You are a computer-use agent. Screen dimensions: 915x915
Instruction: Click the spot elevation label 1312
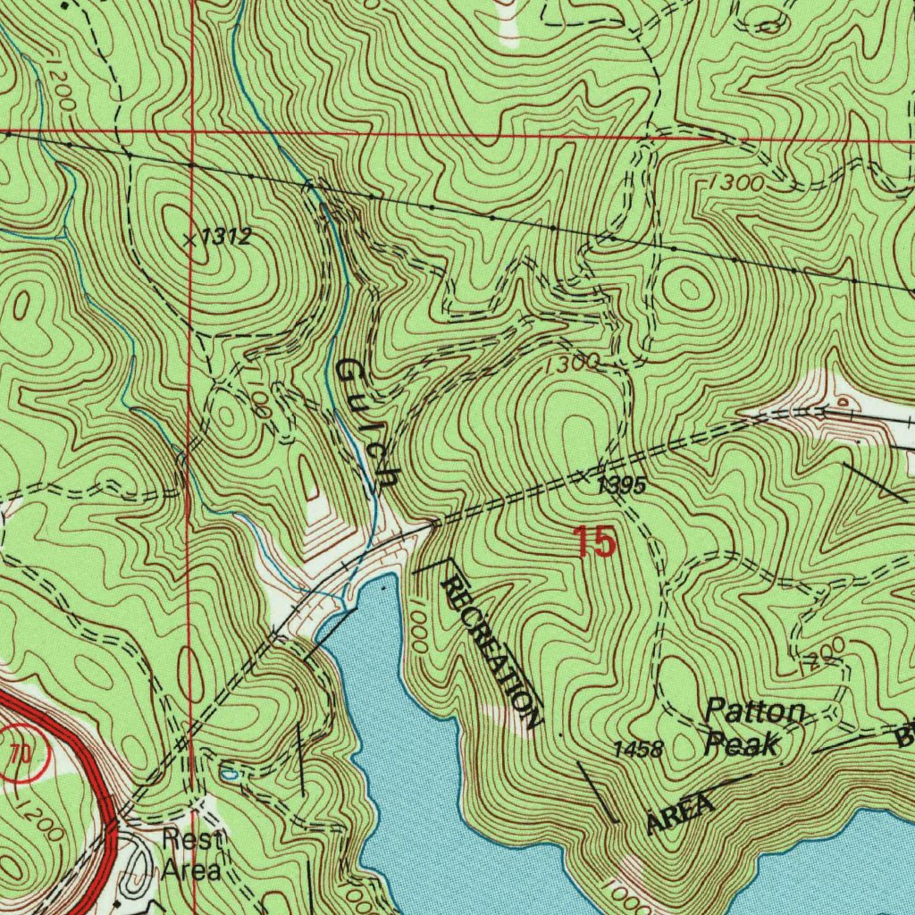pyautogui.click(x=225, y=238)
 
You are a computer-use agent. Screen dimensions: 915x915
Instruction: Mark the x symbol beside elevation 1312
pyautogui.click(x=189, y=239)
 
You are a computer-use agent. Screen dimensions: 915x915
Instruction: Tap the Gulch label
pyautogui.click(x=366, y=424)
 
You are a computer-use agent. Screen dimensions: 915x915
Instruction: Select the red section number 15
pyautogui.click(x=594, y=542)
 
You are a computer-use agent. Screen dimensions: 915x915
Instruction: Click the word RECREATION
pyautogui.click(x=492, y=652)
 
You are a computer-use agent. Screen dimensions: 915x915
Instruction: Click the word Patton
pyautogui.click(x=755, y=712)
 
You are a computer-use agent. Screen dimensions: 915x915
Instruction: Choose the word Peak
pyautogui.click(x=741, y=743)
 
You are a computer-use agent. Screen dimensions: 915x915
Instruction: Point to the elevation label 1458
pyautogui.click(x=638, y=750)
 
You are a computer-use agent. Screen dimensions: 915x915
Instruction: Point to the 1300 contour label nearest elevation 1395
pyautogui.click(x=568, y=363)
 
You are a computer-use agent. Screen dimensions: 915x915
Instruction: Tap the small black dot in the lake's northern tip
pyautogui.click(x=383, y=589)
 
